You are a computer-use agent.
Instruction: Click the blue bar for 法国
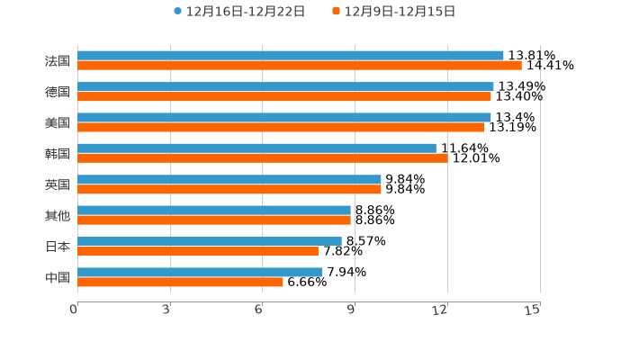290,56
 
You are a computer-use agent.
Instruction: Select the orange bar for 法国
299,66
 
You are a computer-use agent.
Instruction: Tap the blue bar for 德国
285,86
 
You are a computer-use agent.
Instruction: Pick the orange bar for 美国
280,127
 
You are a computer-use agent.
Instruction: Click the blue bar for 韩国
256,148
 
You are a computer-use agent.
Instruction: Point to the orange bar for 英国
229,189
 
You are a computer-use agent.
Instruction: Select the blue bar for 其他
213,211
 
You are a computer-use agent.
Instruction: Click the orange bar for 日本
197,251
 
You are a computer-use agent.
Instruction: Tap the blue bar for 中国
200,272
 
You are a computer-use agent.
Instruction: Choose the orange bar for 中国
180,282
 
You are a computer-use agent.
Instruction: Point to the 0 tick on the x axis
75,310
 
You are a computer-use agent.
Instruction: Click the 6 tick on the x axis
259,310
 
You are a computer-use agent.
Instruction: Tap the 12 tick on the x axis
441,310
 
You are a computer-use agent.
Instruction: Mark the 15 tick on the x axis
533,310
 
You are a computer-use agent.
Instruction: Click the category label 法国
58,61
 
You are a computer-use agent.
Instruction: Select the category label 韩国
58,154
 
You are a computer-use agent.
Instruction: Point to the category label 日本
58,247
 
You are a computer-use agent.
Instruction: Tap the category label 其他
58,216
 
